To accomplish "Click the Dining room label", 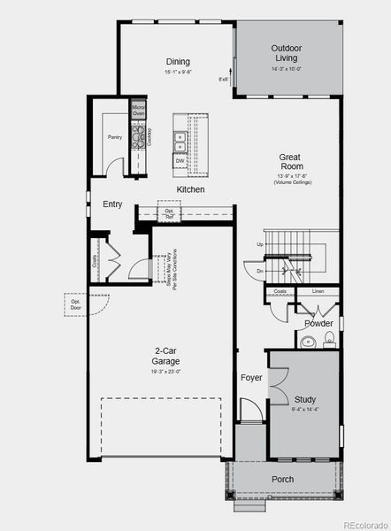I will tap(178, 61).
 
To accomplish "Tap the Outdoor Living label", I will tap(286, 52).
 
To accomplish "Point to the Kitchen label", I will tap(190, 189).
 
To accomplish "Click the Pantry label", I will tap(115, 137).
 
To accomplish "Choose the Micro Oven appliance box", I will tap(139, 111).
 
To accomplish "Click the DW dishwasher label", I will tap(180, 161).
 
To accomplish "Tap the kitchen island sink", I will tap(180, 137).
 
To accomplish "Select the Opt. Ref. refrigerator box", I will tap(169, 212).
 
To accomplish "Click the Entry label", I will tap(112, 204).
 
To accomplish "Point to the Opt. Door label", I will tap(76, 304).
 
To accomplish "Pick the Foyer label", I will tap(251, 378).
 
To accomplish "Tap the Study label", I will tap(304, 399).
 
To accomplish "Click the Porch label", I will tap(282, 480).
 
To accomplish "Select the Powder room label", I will tap(318, 323).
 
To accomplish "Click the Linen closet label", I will tap(318, 291).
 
